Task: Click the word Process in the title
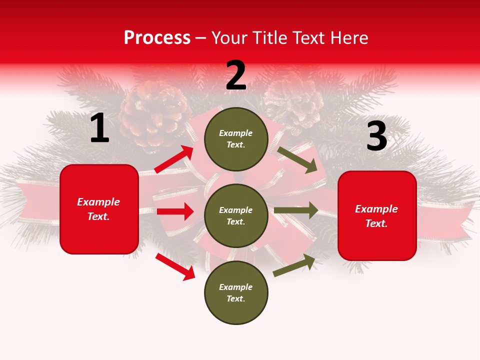coord(157,38)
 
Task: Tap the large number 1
coord(99,128)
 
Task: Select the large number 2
coord(236,75)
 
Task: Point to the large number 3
coord(376,136)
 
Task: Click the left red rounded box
coord(99,209)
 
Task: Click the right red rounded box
coord(377,215)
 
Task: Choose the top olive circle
coord(236,139)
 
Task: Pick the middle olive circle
coord(236,215)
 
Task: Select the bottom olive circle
coord(236,292)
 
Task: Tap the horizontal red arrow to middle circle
coord(175,211)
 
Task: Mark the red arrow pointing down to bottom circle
coord(175,266)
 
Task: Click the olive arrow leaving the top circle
coord(297,159)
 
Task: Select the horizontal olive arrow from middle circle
coord(296,210)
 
